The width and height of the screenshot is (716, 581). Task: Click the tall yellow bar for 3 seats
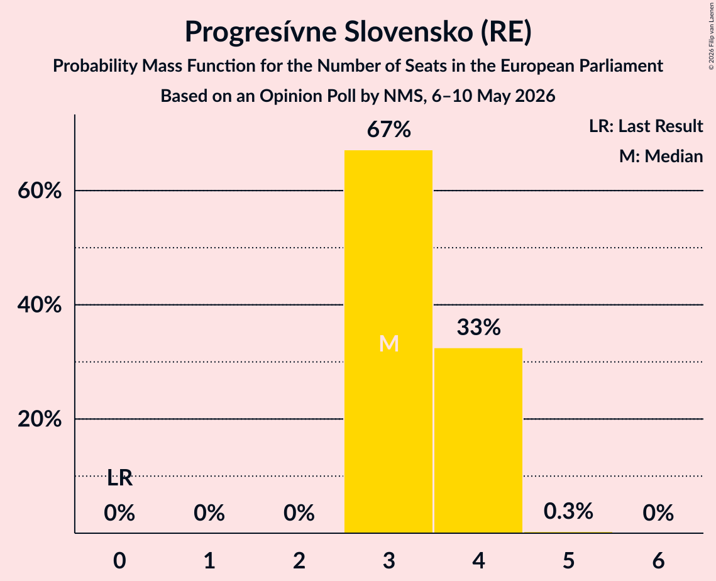pyautogui.click(x=388, y=341)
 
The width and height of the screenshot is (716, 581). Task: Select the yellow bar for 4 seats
pyautogui.click(x=478, y=440)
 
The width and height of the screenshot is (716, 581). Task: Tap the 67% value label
pyautogui.click(x=389, y=130)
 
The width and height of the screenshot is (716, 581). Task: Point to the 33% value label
pyautogui.click(x=478, y=327)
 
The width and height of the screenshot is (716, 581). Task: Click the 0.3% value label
pyautogui.click(x=568, y=511)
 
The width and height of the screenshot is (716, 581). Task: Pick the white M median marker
pyautogui.click(x=389, y=343)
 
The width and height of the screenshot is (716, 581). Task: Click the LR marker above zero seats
pyautogui.click(x=119, y=479)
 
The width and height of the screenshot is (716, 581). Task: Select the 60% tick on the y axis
pyautogui.click(x=39, y=191)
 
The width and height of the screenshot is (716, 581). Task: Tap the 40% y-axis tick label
pyautogui.click(x=39, y=305)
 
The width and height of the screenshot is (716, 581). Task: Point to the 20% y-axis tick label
pyautogui.click(x=39, y=419)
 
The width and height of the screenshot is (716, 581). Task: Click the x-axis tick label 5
pyautogui.click(x=568, y=560)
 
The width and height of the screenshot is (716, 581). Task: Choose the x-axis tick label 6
pyautogui.click(x=658, y=560)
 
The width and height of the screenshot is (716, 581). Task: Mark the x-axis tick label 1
pyautogui.click(x=209, y=560)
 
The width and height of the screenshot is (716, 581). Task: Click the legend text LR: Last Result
pyautogui.click(x=646, y=126)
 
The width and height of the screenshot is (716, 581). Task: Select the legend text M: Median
pyautogui.click(x=661, y=156)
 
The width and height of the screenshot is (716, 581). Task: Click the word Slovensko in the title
pyautogui.click(x=409, y=32)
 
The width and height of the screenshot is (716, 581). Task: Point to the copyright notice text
pyautogui.click(x=711, y=36)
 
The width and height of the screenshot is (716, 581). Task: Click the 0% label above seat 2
pyautogui.click(x=299, y=513)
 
